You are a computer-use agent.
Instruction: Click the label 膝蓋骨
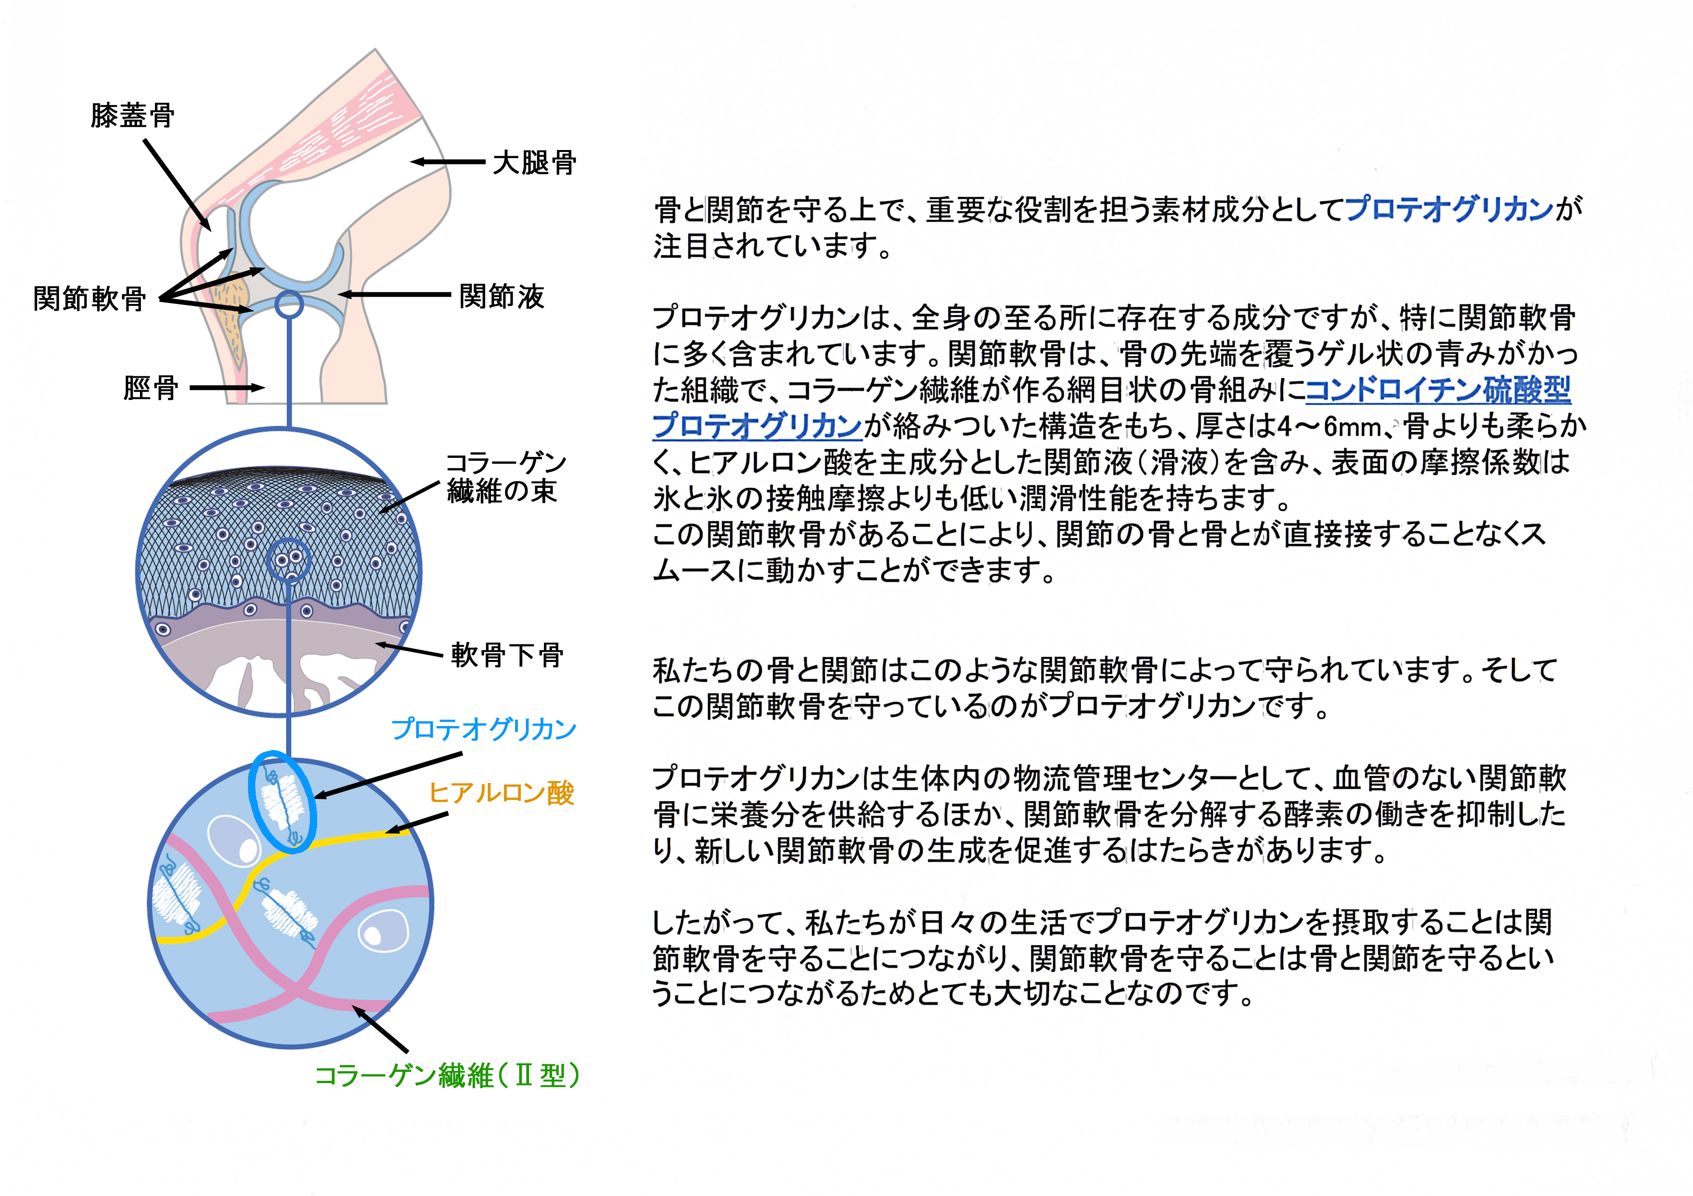coord(133,116)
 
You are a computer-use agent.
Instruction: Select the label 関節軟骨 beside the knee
coord(90,299)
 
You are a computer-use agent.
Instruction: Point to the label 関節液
coord(501,296)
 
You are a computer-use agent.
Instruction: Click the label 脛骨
coord(151,387)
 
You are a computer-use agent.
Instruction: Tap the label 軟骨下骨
coord(507,654)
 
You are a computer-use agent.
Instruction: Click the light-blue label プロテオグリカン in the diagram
coord(484,729)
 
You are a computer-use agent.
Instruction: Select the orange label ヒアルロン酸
coord(501,793)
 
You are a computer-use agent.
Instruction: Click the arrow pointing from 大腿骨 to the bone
coord(447,162)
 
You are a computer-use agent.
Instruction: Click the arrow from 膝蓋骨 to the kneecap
coord(177,185)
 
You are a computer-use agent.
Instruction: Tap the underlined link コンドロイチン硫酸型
coord(1438,390)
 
